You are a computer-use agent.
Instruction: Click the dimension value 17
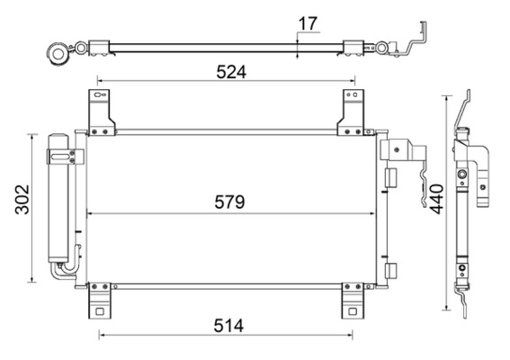coord(309,22)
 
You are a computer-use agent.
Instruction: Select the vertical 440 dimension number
coord(434,203)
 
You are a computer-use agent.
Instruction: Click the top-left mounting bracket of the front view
coord(98,112)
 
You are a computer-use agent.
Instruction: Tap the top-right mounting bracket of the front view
coord(352,112)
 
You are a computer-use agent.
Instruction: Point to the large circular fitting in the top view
coord(60,51)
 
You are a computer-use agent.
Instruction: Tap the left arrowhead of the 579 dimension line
coord(88,213)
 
